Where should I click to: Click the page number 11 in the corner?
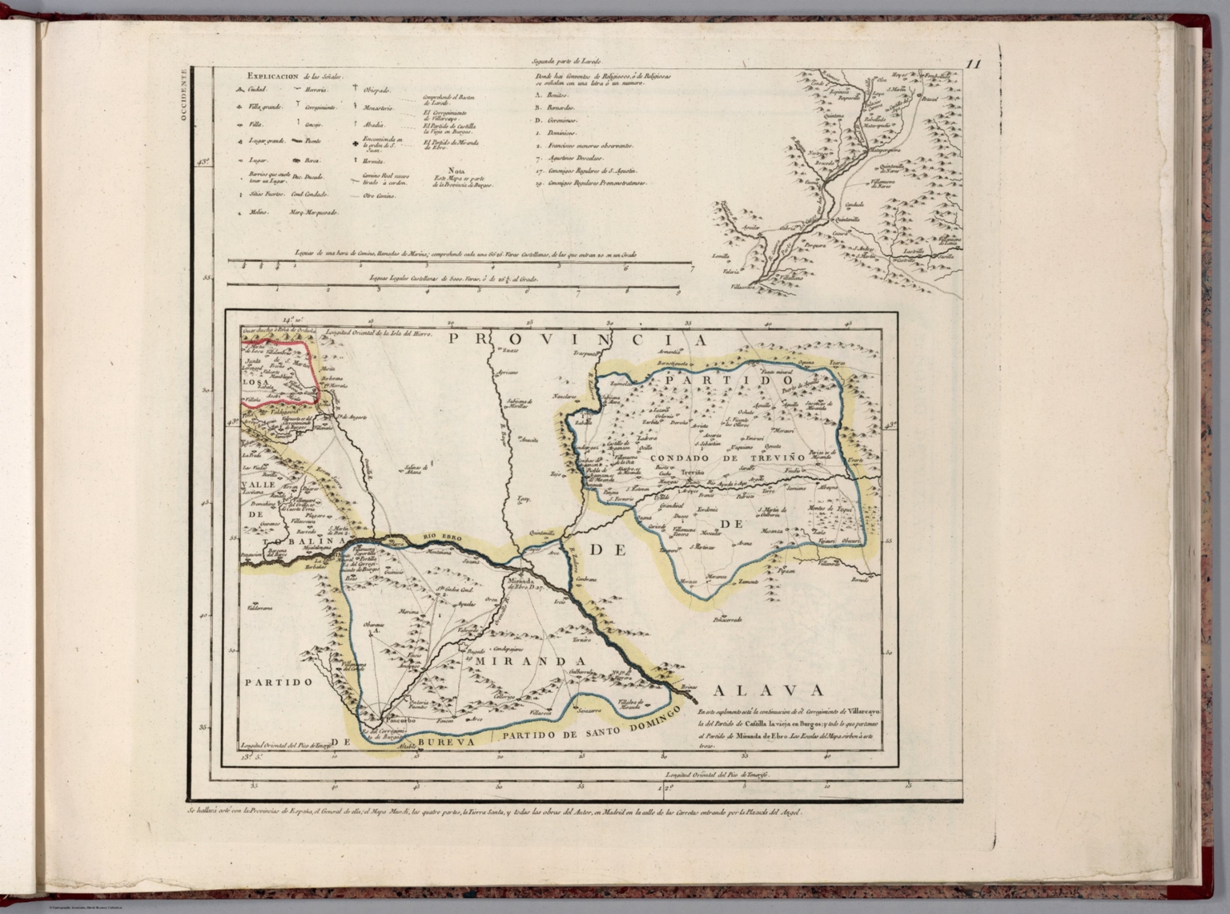[x=973, y=66]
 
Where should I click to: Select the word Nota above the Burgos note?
[x=457, y=170]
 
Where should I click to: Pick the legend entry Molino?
[x=257, y=213]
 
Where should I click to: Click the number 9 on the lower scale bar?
[x=677, y=292]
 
